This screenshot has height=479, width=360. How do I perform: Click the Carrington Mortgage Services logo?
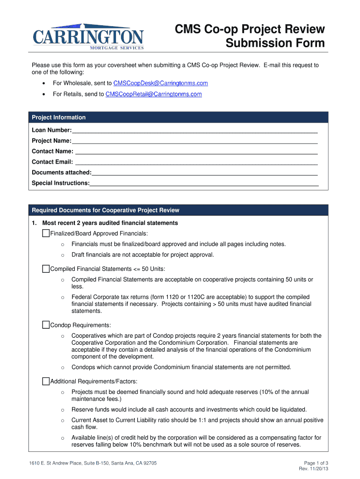tap(88, 36)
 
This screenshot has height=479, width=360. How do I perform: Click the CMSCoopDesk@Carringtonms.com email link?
tap(157, 83)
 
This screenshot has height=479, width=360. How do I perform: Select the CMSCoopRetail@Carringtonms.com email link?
tap(153, 94)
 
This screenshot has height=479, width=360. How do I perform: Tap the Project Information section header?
tap(58, 117)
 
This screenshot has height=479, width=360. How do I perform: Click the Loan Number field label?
tap(51, 130)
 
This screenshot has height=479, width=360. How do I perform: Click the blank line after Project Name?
tap(194, 141)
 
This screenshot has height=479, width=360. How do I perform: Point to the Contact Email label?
tap(52, 162)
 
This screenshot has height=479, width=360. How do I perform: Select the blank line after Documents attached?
tap(205, 173)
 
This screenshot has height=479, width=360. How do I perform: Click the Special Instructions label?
tap(60, 183)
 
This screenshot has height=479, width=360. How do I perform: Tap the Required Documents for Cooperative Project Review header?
tap(105, 210)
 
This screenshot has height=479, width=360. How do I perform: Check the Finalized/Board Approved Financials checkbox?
tap(45, 233)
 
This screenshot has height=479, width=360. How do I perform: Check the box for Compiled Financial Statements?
tap(45, 269)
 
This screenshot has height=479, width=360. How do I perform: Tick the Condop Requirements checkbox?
tap(45, 325)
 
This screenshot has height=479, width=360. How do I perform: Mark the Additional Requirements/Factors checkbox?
tap(45, 381)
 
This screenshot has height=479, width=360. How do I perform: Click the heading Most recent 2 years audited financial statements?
tap(110, 223)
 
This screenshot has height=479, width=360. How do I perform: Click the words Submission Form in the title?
tap(275, 44)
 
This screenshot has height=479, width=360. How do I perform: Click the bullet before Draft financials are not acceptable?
tap(62, 255)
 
